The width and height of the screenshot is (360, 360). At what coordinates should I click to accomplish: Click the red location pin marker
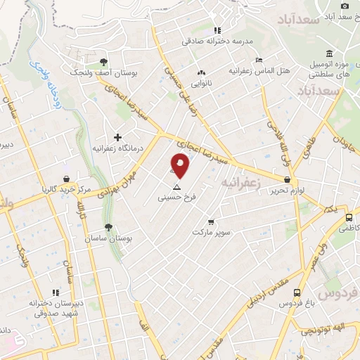[x=180, y=165]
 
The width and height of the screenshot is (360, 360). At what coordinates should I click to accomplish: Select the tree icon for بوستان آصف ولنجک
[x=103, y=63]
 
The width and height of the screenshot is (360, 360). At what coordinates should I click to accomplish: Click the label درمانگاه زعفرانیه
[x=118, y=149]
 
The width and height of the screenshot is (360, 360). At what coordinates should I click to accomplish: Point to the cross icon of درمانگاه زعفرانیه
[x=117, y=137]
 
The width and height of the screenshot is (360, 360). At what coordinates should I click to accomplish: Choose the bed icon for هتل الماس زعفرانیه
[x=259, y=60]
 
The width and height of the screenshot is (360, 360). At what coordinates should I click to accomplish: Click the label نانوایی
[x=202, y=84]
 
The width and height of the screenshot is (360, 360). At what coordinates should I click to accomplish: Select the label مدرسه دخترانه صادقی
[x=217, y=42]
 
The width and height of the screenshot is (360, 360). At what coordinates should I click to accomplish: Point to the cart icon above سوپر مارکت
[x=210, y=221]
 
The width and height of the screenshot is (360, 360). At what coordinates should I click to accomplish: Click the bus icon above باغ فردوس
[x=297, y=292]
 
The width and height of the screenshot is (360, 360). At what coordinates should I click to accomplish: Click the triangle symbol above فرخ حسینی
[x=176, y=188]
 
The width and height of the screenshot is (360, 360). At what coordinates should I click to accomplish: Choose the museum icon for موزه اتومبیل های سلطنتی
[x=329, y=53]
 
